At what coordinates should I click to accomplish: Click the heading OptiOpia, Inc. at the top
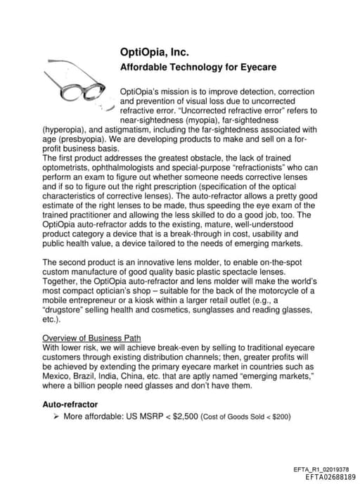point(154,53)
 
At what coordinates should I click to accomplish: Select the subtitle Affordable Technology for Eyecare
point(198,68)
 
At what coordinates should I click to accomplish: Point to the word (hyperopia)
point(65,129)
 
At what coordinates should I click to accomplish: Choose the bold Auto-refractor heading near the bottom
point(70,405)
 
